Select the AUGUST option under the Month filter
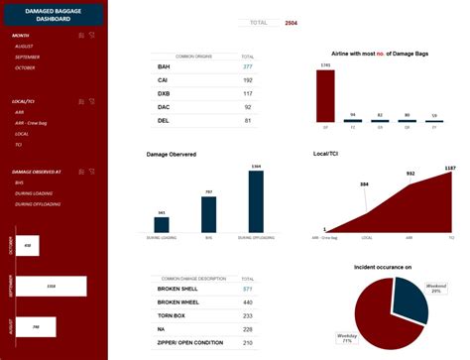(25, 47)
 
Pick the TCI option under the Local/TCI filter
(19, 144)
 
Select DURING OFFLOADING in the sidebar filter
(38, 203)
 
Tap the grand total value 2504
(291, 22)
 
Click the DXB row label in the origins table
(164, 93)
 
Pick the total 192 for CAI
(248, 79)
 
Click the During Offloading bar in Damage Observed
(256, 201)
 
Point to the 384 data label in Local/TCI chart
(365, 184)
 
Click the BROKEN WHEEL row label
(178, 301)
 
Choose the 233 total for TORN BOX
(248, 315)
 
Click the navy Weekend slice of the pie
(409, 299)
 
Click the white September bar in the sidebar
(51, 286)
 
